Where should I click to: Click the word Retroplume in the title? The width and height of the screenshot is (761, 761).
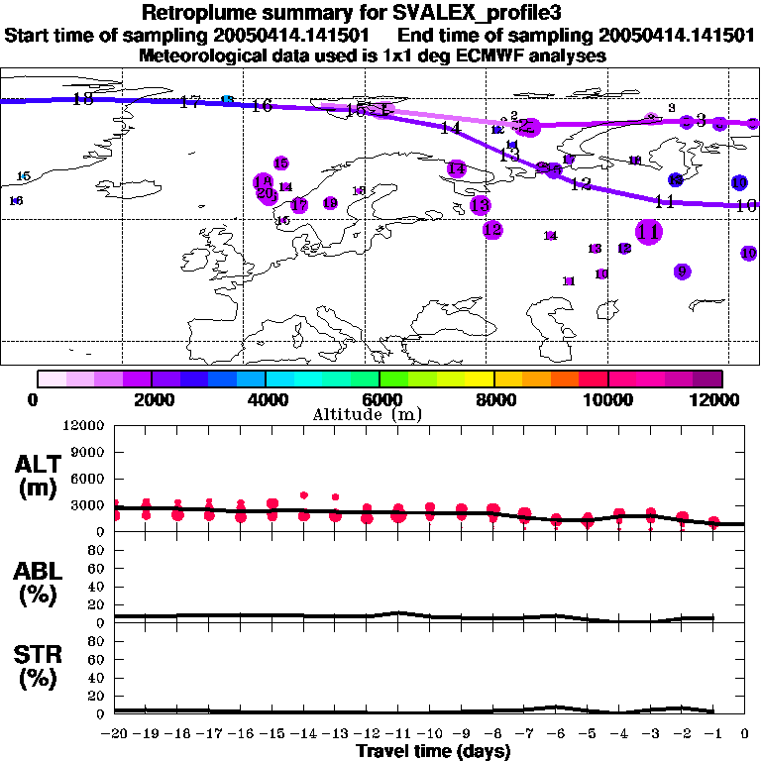click(x=198, y=13)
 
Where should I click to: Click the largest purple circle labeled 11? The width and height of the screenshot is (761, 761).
click(x=649, y=232)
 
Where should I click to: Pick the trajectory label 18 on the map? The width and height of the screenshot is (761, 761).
click(x=83, y=98)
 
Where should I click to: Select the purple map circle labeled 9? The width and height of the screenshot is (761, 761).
click(x=682, y=272)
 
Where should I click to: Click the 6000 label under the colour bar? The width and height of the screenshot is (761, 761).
click(x=380, y=399)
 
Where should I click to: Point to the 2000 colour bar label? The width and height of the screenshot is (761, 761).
click(x=151, y=399)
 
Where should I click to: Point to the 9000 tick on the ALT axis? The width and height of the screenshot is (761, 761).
click(x=87, y=452)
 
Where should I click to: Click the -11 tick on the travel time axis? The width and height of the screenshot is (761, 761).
click(x=397, y=733)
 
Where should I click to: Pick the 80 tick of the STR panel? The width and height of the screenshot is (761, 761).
click(x=98, y=641)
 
